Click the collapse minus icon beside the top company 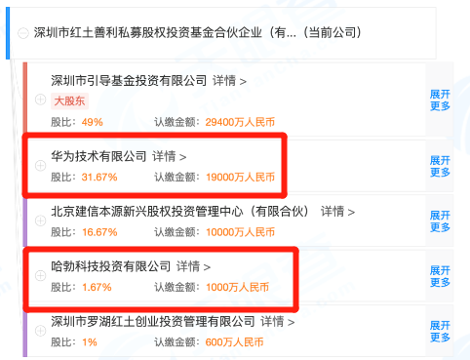pyautogui.click(x=23, y=33)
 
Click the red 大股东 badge pyautogui.click(x=69, y=101)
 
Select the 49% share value pyautogui.click(x=93, y=122)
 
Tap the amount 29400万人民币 pyautogui.click(x=240, y=122)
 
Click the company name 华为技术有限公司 pyautogui.click(x=98, y=156)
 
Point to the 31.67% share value pyautogui.click(x=99, y=178)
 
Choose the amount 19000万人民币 pyautogui.click(x=240, y=178)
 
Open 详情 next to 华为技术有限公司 pyautogui.click(x=170, y=157)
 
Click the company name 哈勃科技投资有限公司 pyautogui.click(x=111, y=266)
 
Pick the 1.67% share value pyautogui.click(x=97, y=288)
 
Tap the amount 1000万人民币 pyautogui.click(x=238, y=288)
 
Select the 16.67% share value pyautogui.click(x=99, y=232)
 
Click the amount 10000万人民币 pyautogui.click(x=240, y=232)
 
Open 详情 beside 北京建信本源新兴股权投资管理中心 pyautogui.click(x=337, y=212)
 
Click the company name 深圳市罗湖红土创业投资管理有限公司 pyautogui.click(x=153, y=322)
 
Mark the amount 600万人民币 pyautogui.click(x=234, y=342)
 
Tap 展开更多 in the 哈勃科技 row pyautogui.click(x=440, y=276)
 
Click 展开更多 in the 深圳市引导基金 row pyautogui.click(x=440, y=100)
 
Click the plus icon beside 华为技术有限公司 pyautogui.click(x=40, y=166)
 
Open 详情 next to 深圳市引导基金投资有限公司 pyautogui.click(x=229, y=81)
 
